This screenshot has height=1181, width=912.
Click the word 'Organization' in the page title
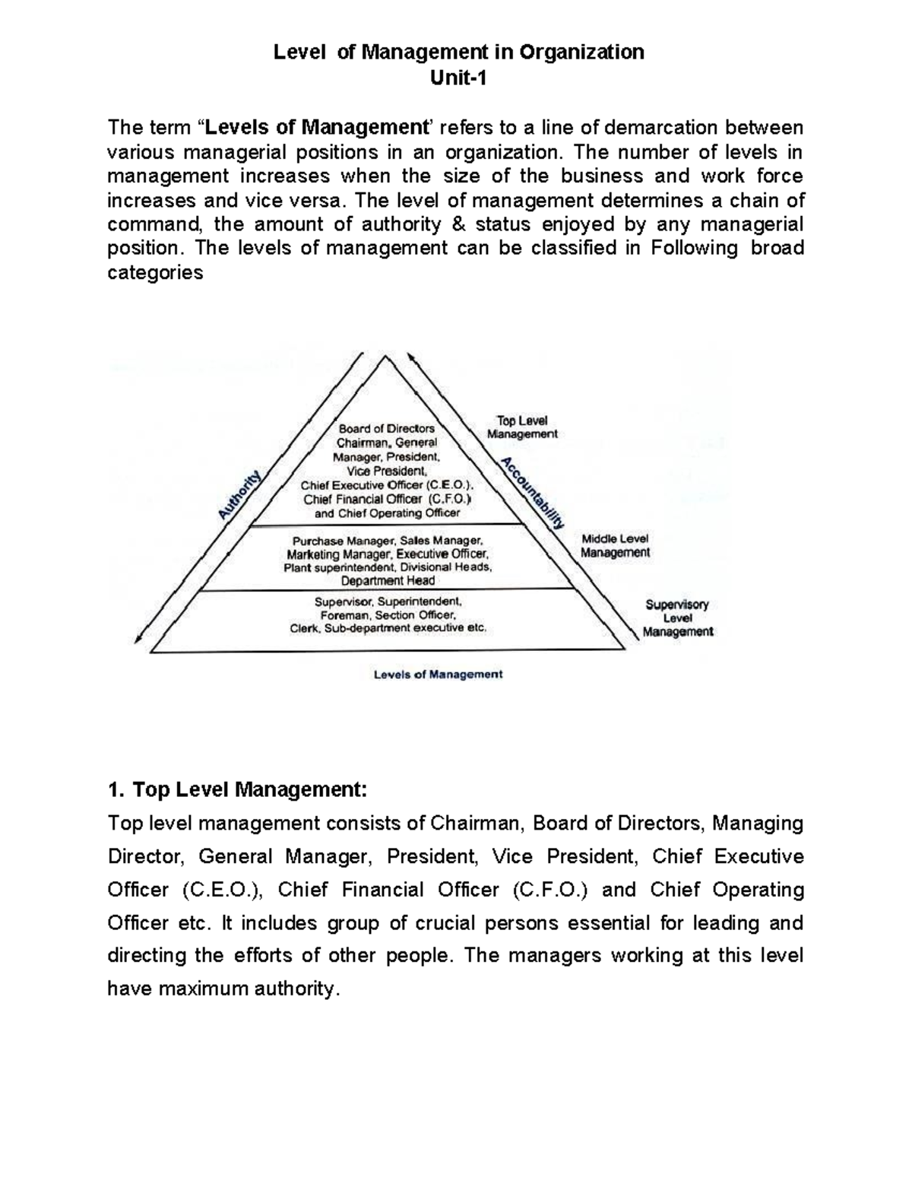click(581, 52)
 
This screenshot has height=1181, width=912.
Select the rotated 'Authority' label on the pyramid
click(240, 494)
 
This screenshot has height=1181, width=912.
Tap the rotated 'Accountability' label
click(533, 493)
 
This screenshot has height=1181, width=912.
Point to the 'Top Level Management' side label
click(522, 427)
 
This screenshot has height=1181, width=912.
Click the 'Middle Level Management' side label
click(615, 546)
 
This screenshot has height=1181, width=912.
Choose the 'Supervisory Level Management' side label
click(677, 617)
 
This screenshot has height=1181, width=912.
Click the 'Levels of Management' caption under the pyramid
click(438, 675)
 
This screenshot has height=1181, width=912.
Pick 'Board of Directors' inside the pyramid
click(387, 428)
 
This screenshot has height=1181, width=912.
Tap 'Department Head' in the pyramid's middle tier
click(388, 581)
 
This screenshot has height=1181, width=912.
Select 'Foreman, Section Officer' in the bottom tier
click(388, 615)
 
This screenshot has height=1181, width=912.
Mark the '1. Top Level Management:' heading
click(237, 790)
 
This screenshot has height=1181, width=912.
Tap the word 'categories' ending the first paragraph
click(155, 273)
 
